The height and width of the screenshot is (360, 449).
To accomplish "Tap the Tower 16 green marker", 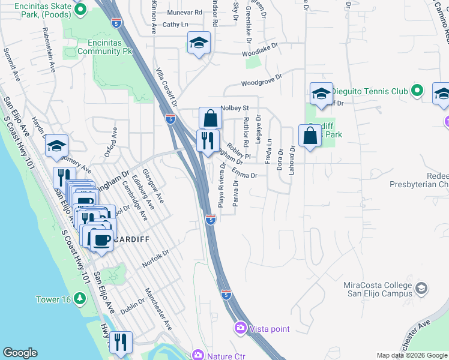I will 81,299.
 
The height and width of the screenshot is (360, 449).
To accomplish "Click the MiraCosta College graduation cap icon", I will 421,289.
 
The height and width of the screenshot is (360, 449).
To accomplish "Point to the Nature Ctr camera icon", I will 197,356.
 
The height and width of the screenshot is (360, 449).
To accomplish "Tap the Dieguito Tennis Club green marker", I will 418,91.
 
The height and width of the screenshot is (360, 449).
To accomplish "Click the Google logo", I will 20,353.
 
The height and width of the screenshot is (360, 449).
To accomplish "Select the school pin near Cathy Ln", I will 199,43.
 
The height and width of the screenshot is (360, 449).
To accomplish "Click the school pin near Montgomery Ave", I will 57,146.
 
